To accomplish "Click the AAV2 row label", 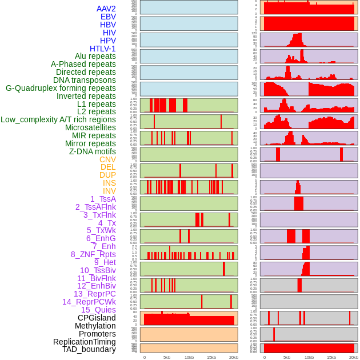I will [x=106, y=9].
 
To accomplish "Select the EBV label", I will [x=108, y=17].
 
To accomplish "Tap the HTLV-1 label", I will [x=103, y=49].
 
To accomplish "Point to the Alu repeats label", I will [x=95, y=56].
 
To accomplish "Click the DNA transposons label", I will [x=85, y=80].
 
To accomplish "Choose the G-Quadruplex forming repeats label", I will [x=61, y=88].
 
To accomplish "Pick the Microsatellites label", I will [x=90, y=127].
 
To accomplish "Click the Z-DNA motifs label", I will [x=93, y=151].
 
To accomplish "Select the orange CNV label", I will [x=107, y=159].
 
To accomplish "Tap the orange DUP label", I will [x=107, y=175].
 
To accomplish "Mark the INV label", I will [x=109, y=191].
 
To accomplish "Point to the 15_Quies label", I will [x=98, y=310].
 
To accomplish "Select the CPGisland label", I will [x=97, y=318].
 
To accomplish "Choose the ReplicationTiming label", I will [x=84, y=342].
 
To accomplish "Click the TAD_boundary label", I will [x=89, y=349].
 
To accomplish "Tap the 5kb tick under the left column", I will [x=167, y=357].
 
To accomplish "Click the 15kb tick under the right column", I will [x=331, y=357].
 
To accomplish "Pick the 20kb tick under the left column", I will [x=234, y=357].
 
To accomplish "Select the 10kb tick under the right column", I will [x=309, y=357].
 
